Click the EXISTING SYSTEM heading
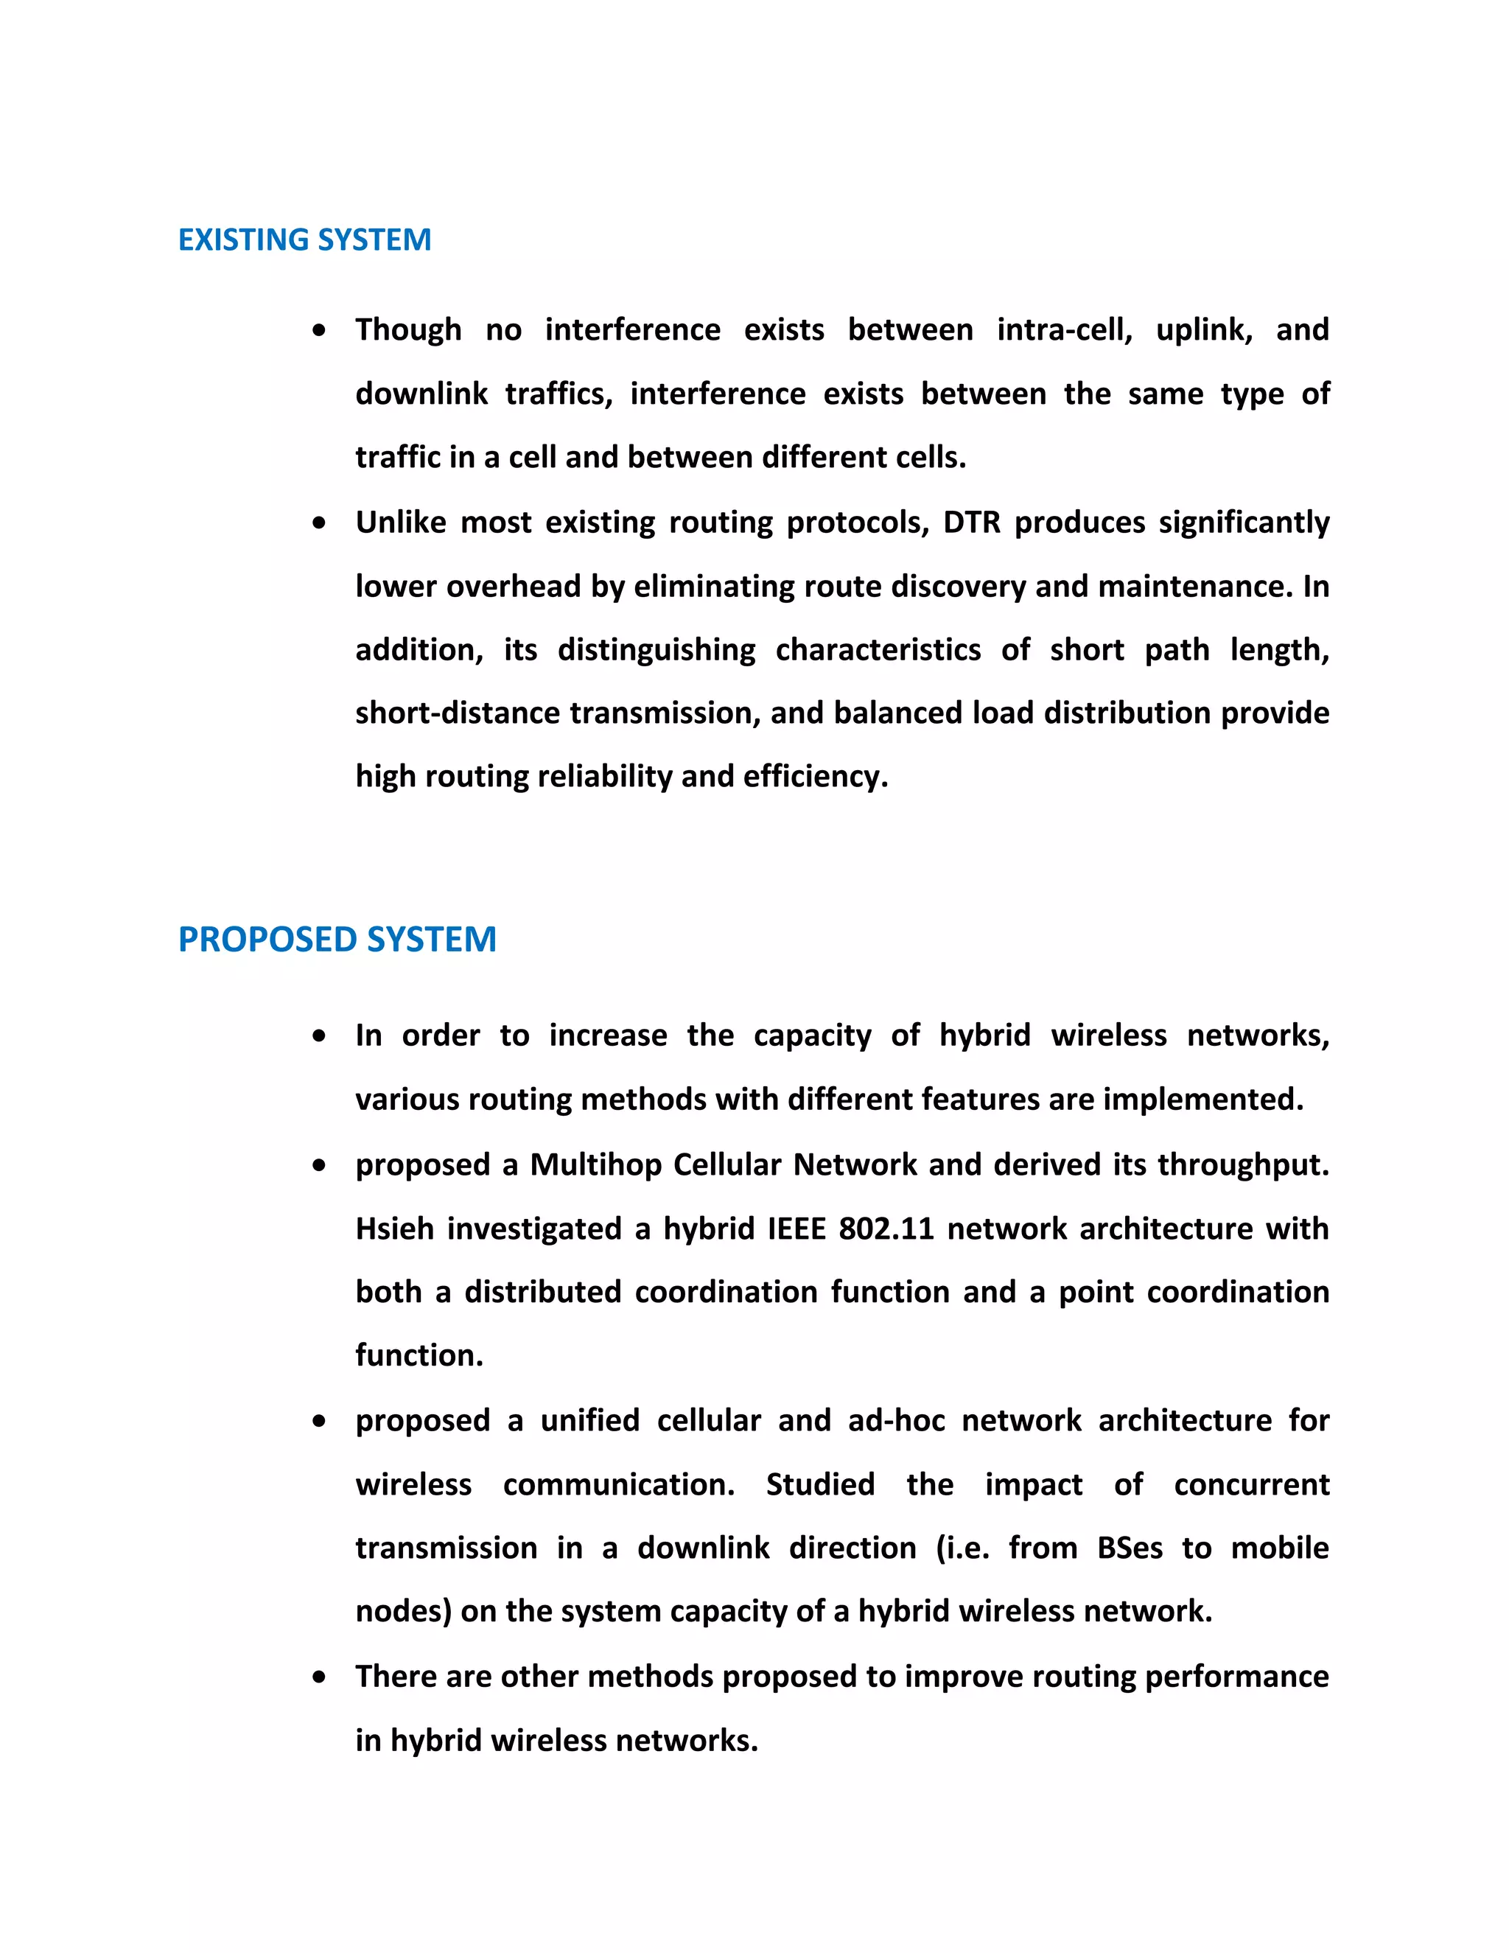click(304, 240)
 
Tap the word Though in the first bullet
click(408, 330)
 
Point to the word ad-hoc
click(896, 1420)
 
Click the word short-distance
click(458, 713)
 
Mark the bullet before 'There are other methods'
click(319, 1677)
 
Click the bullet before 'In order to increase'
click(319, 1036)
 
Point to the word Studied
click(820, 1484)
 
